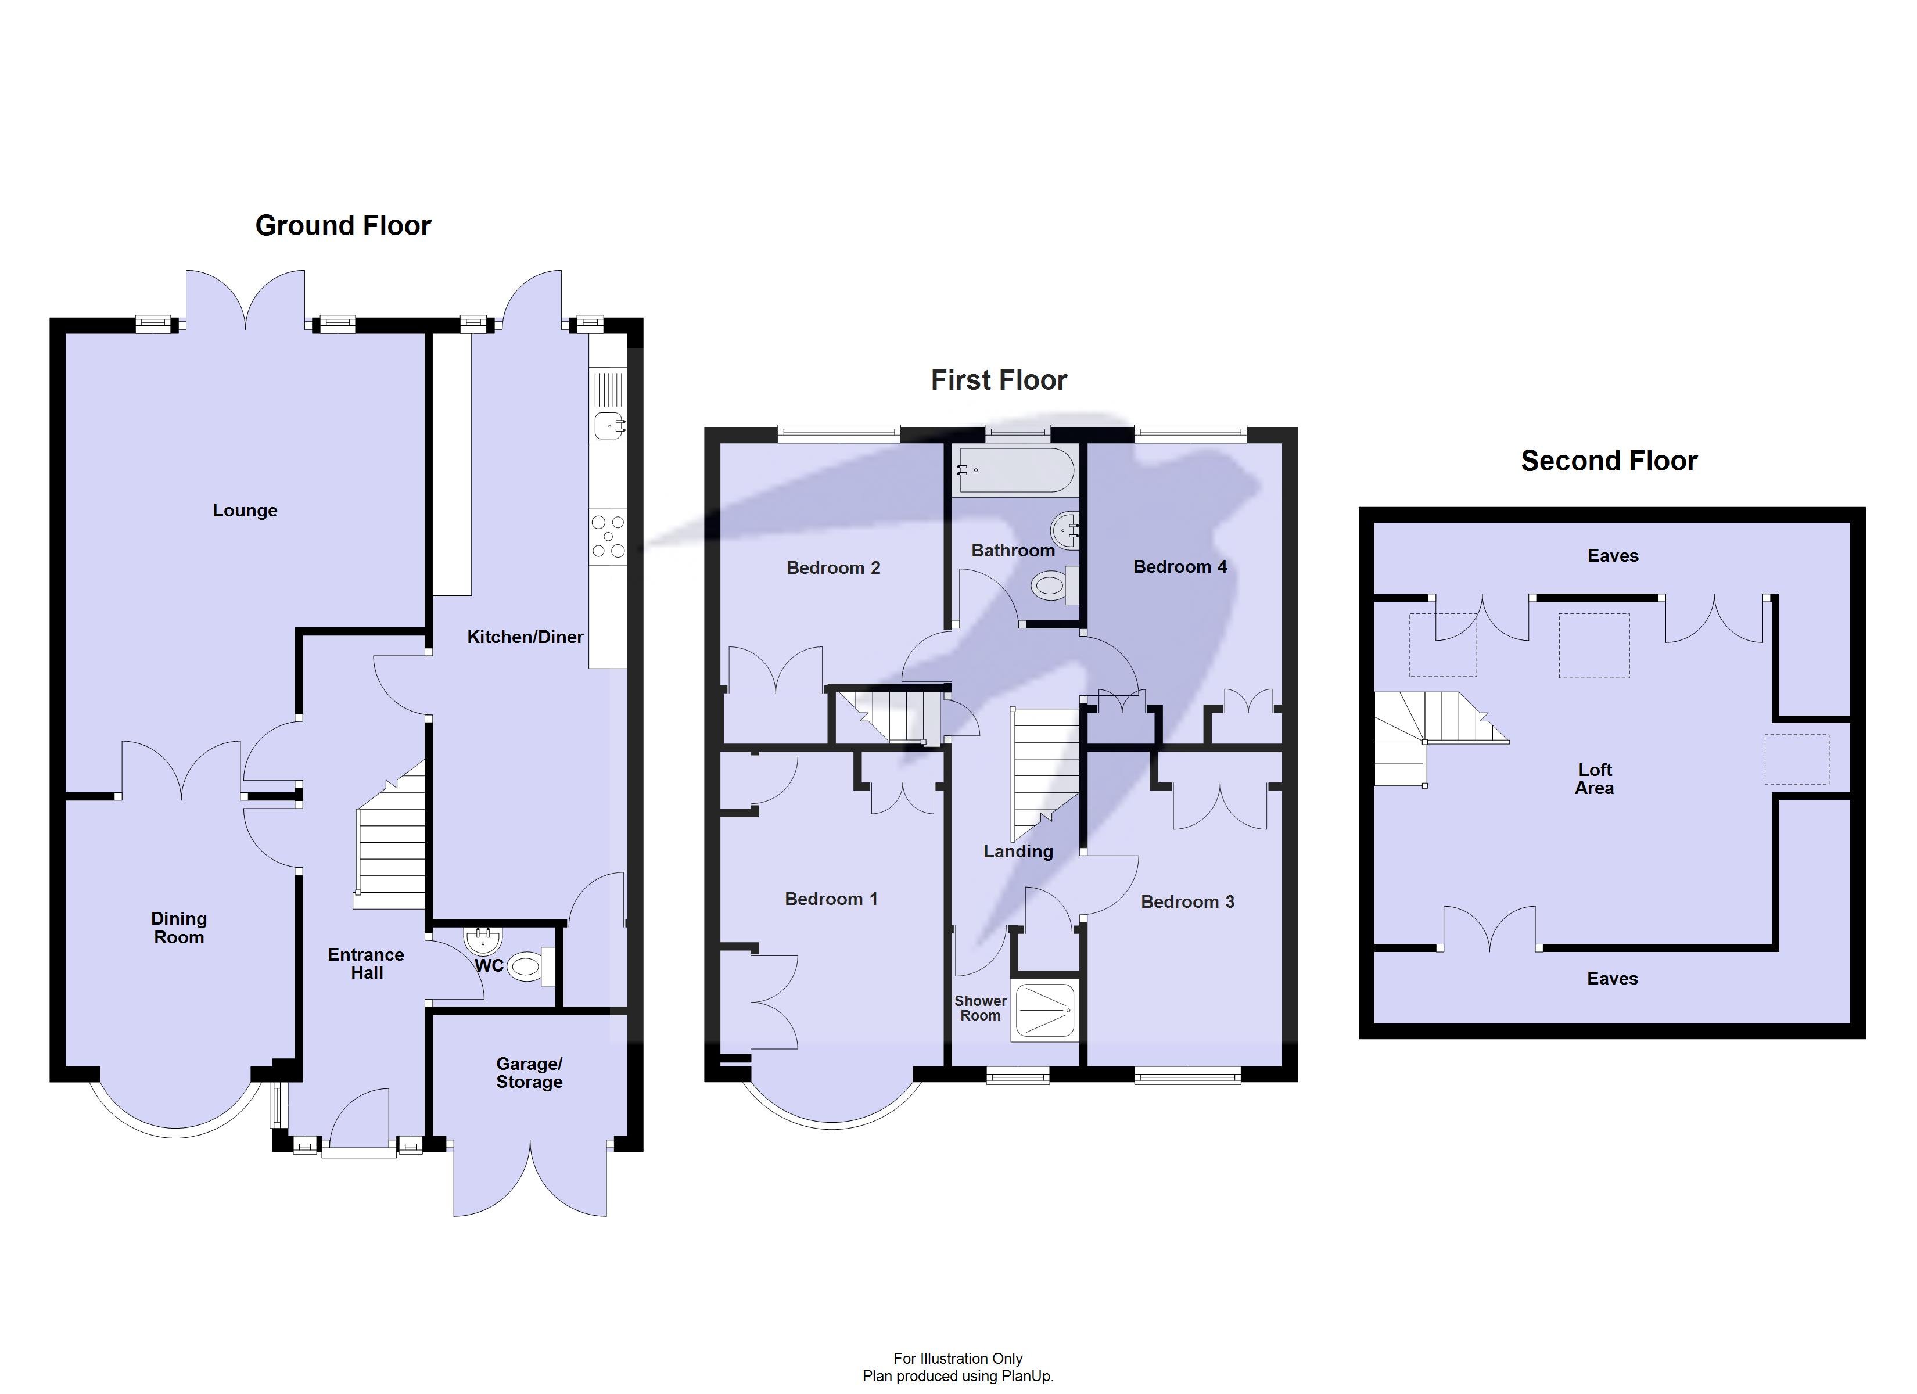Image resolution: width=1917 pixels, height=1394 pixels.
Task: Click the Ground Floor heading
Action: pos(343,226)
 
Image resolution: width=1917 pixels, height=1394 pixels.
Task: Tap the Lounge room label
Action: pos(245,511)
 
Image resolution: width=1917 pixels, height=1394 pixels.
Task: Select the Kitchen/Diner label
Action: pos(525,637)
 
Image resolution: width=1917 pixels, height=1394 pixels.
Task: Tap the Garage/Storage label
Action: pos(529,1073)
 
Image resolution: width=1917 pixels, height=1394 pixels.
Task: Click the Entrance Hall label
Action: pos(366,964)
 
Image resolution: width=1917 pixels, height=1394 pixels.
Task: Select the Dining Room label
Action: pos(178,928)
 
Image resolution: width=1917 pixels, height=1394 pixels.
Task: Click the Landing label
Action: pos(1018,852)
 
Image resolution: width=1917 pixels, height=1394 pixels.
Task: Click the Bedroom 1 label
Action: pos(831,899)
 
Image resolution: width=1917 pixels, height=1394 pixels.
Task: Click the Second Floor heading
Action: pos(1609,461)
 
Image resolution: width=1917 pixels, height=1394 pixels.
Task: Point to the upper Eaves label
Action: pos(1613,555)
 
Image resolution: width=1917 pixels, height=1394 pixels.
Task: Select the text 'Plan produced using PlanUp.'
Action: pos(958,1376)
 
